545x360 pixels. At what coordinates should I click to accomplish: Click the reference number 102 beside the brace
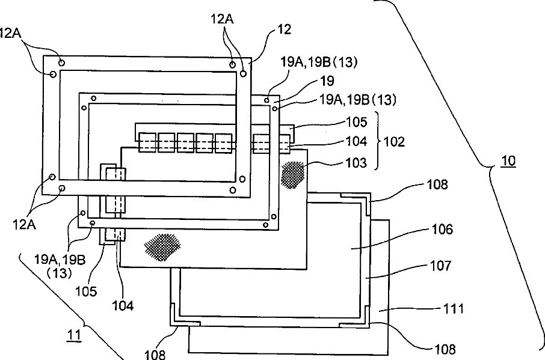click(x=394, y=142)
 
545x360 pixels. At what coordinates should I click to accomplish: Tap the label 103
click(x=356, y=162)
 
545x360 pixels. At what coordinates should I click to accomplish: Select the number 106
click(x=442, y=229)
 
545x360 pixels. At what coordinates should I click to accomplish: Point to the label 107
click(x=441, y=266)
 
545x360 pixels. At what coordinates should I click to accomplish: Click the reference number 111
click(x=453, y=308)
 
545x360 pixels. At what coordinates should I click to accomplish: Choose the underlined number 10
click(x=508, y=160)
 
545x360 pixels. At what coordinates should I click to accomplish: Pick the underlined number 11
click(x=73, y=336)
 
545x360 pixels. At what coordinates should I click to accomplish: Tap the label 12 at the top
click(x=285, y=29)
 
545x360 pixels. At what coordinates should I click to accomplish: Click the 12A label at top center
click(x=222, y=19)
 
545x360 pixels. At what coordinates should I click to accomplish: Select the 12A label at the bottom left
click(x=24, y=225)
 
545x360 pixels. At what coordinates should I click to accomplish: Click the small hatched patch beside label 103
click(x=293, y=175)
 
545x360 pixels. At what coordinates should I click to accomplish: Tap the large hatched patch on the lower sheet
click(x=162, y=247)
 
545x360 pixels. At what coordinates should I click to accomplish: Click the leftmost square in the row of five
click(x=147, y=142)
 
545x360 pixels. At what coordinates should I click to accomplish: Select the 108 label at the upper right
click(x=437, y=185)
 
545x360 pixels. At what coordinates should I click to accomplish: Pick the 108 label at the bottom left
click(x=155, y=355)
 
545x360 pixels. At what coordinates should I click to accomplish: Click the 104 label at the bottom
click(x=123, y=305)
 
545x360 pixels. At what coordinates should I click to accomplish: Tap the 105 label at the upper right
click(x=357, y=122)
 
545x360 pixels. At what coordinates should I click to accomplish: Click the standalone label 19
click(x=327, y=81)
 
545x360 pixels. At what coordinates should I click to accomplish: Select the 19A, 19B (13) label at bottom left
click(x=60, y=266)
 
